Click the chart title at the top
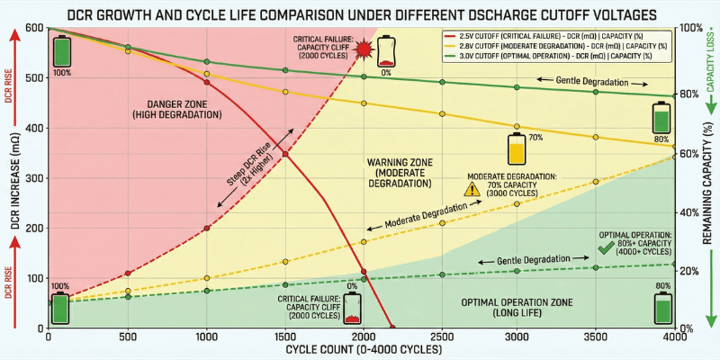[360, 13]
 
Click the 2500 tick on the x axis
[441, 337]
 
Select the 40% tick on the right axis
[688, 211]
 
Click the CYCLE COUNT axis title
[360, 348]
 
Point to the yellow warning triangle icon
[472, 188]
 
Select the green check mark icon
[606, 244]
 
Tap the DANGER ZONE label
[171, 109]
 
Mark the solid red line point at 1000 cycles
[207, 83]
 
